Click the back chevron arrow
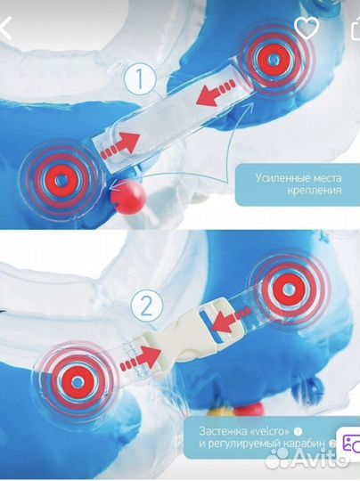5,28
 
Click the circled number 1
140,78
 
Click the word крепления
315,191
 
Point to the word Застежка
223,431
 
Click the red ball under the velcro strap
127,195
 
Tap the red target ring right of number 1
272,59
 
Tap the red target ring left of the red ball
62,180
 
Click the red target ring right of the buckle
289,289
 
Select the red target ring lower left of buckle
78,381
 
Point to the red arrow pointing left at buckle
229,320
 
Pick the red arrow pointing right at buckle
140,358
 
